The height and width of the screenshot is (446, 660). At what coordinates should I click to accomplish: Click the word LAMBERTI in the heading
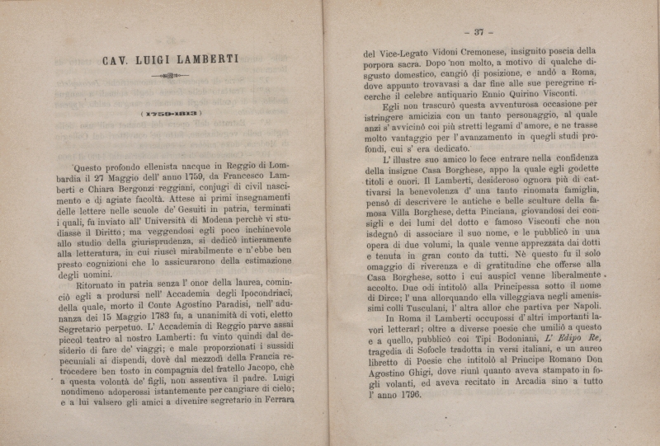[x=200, y=59]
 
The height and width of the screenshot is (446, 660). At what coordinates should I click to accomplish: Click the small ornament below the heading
[x=170, y=76]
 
